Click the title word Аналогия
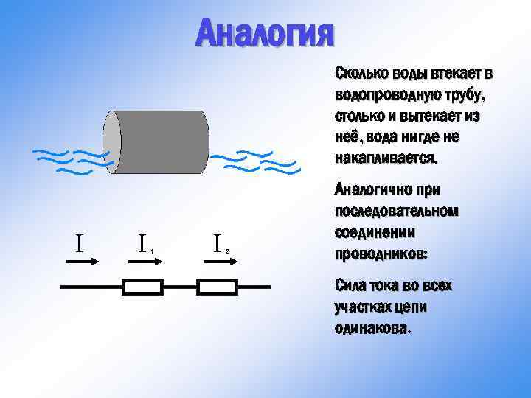point(265,32)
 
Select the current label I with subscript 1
point(144,242)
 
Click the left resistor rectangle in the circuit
point(142,287)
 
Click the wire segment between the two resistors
point(180,287)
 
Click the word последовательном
point(396,212)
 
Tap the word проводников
point(381,254)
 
